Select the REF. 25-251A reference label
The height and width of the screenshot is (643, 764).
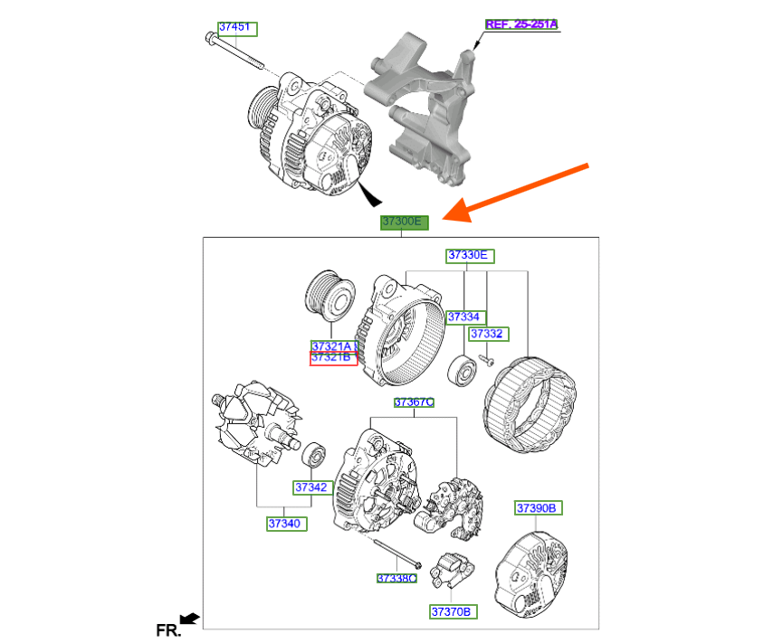pos(521,24)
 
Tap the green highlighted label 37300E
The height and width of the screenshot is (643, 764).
pos(403,222)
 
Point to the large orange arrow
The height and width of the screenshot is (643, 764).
pos(520,193)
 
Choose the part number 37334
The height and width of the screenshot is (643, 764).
pos(466,317)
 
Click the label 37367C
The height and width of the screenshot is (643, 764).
pos(414,402)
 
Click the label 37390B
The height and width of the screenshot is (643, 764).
pos(539,508)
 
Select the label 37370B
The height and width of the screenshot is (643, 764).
pos(452,612)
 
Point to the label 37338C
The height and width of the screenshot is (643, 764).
pos(397,577)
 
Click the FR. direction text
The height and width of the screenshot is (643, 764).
pos(168,629)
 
